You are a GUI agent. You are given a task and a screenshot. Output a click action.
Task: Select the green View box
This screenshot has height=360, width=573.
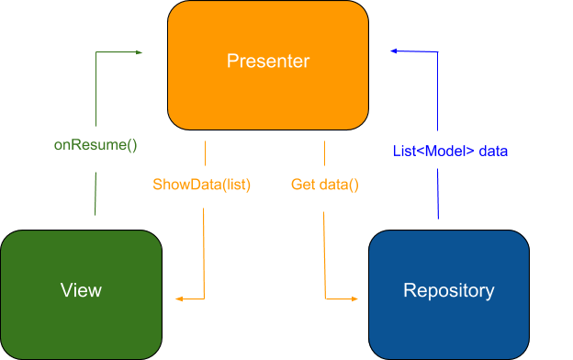tap(81, 294)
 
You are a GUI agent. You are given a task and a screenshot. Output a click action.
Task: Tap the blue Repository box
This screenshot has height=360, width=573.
tap(449, 294)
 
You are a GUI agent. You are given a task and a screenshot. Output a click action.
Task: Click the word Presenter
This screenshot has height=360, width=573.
tap(267, 62)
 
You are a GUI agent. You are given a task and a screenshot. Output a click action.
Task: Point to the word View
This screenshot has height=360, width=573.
tap(81, 291)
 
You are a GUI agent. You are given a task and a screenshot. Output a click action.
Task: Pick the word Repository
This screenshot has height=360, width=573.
tap(449, 291)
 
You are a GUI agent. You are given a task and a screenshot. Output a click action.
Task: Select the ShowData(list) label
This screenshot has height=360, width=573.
tap(201, 185)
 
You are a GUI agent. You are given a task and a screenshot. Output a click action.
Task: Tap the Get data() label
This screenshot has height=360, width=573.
tap(324, 185)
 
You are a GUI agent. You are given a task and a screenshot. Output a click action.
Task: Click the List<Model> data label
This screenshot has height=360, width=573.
tap(450, 151)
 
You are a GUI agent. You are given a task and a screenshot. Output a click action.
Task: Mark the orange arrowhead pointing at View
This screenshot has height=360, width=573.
tap(179, 299)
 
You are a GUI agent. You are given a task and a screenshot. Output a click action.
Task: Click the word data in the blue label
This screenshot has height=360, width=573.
tap(493, 151)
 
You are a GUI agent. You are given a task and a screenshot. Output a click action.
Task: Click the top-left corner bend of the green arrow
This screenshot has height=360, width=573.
tap(95, 53)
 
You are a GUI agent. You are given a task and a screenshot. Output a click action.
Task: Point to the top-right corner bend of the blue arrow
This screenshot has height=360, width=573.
tap(438, 53)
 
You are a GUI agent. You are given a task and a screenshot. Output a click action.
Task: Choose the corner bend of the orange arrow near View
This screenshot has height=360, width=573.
tap(204, 299)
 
